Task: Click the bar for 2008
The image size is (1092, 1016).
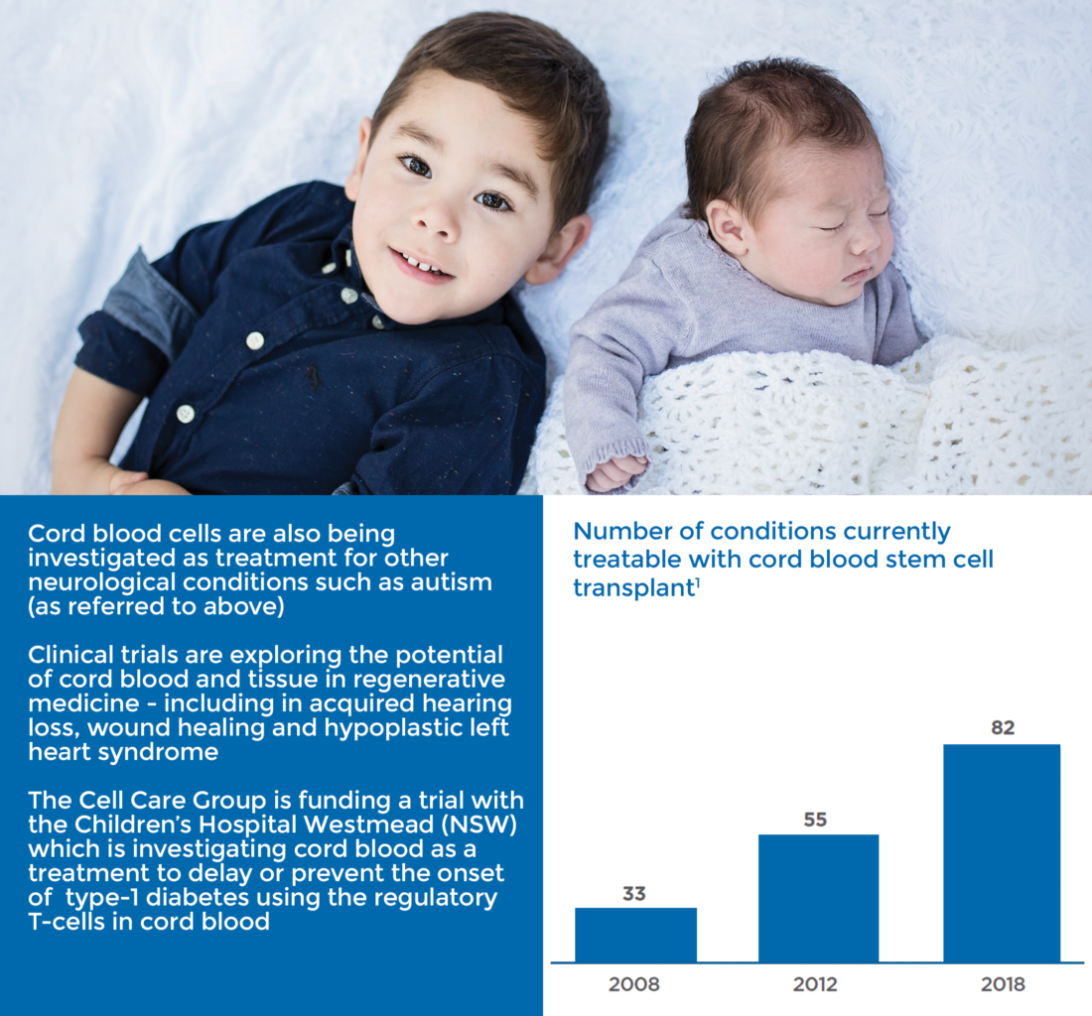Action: coord(635,935)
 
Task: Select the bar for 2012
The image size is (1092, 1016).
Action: coord(818,898)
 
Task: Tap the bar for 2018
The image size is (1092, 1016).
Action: coord(1003,853)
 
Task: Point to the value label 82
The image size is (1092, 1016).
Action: coord(1003,728)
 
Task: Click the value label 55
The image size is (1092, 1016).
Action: coord(815,820)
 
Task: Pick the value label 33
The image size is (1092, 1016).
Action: coord(634,894)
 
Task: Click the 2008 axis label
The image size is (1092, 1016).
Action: coord(633,984)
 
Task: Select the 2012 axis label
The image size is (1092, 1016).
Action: coord(815,984)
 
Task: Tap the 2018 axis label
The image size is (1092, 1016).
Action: coord(1003,984)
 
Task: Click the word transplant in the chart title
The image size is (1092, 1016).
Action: coord(632,588)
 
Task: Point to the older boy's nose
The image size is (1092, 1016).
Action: coord(440,217)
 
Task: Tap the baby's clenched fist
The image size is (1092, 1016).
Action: coord(615,472)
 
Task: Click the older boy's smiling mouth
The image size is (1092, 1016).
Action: coord(421,265)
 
